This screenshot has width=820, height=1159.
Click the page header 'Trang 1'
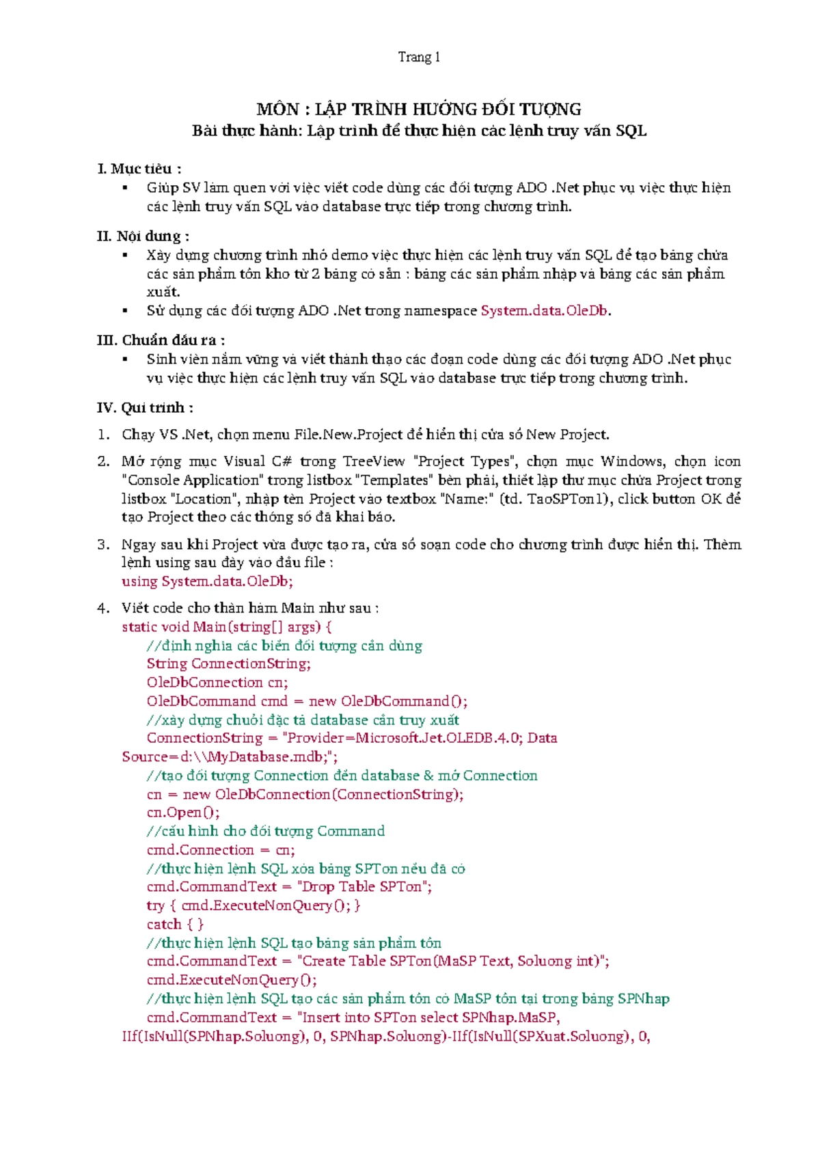coord(419,57)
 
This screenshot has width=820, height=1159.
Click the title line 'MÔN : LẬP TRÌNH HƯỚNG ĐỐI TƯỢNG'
coord(418,109)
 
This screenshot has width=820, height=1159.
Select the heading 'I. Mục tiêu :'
coord(139,169)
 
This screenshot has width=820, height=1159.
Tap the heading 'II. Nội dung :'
coord(143,236)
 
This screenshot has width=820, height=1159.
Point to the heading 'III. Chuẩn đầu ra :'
coord(161,340)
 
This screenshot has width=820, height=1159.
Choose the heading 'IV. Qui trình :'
coord(145,408)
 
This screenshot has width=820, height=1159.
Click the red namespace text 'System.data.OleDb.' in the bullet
coord(545,311)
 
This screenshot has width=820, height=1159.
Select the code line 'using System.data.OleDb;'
coord(207,582)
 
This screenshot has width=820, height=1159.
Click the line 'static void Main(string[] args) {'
coord(226,627)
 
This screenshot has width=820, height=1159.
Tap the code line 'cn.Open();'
coord(183,813)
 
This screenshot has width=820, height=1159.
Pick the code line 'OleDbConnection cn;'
coord(217,682)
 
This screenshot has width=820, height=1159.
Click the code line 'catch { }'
coord(175,925)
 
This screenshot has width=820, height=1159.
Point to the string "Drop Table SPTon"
coord(362,887)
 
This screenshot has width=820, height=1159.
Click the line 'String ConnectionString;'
coord(228,664)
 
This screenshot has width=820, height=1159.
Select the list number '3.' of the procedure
coord(103,545)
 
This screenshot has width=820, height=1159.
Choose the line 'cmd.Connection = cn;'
coord(221,850)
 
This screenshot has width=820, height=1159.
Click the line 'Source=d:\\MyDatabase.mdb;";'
coord(230,757)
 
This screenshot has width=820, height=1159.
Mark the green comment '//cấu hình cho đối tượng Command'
coord(265,832)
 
